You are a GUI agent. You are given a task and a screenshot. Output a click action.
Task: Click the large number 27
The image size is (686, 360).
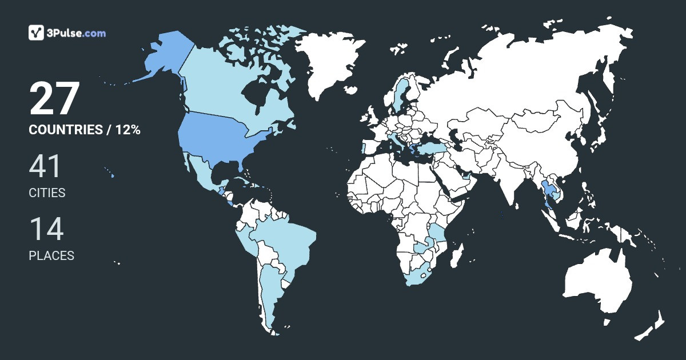point(54,99)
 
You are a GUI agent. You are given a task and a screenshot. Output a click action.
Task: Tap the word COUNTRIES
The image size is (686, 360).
point(65,130)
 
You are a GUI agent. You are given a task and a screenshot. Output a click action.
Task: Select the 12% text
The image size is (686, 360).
point(127,130)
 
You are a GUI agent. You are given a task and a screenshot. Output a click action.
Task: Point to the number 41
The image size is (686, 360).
point(45,167)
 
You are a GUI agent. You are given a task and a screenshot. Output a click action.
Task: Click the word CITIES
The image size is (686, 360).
point(47,193)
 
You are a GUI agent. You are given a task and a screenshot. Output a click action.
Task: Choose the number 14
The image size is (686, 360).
point(46,229)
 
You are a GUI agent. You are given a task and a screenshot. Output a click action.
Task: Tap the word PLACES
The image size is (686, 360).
point(51,256)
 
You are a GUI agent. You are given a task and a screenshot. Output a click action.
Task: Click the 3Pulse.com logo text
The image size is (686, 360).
point(77,33)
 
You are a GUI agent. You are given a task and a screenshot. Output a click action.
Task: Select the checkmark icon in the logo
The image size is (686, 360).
point(37,33)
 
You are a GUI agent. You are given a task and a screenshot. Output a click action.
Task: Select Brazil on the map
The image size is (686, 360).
point(286,240)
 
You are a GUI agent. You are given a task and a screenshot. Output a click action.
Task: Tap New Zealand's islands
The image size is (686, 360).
point(652,326)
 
